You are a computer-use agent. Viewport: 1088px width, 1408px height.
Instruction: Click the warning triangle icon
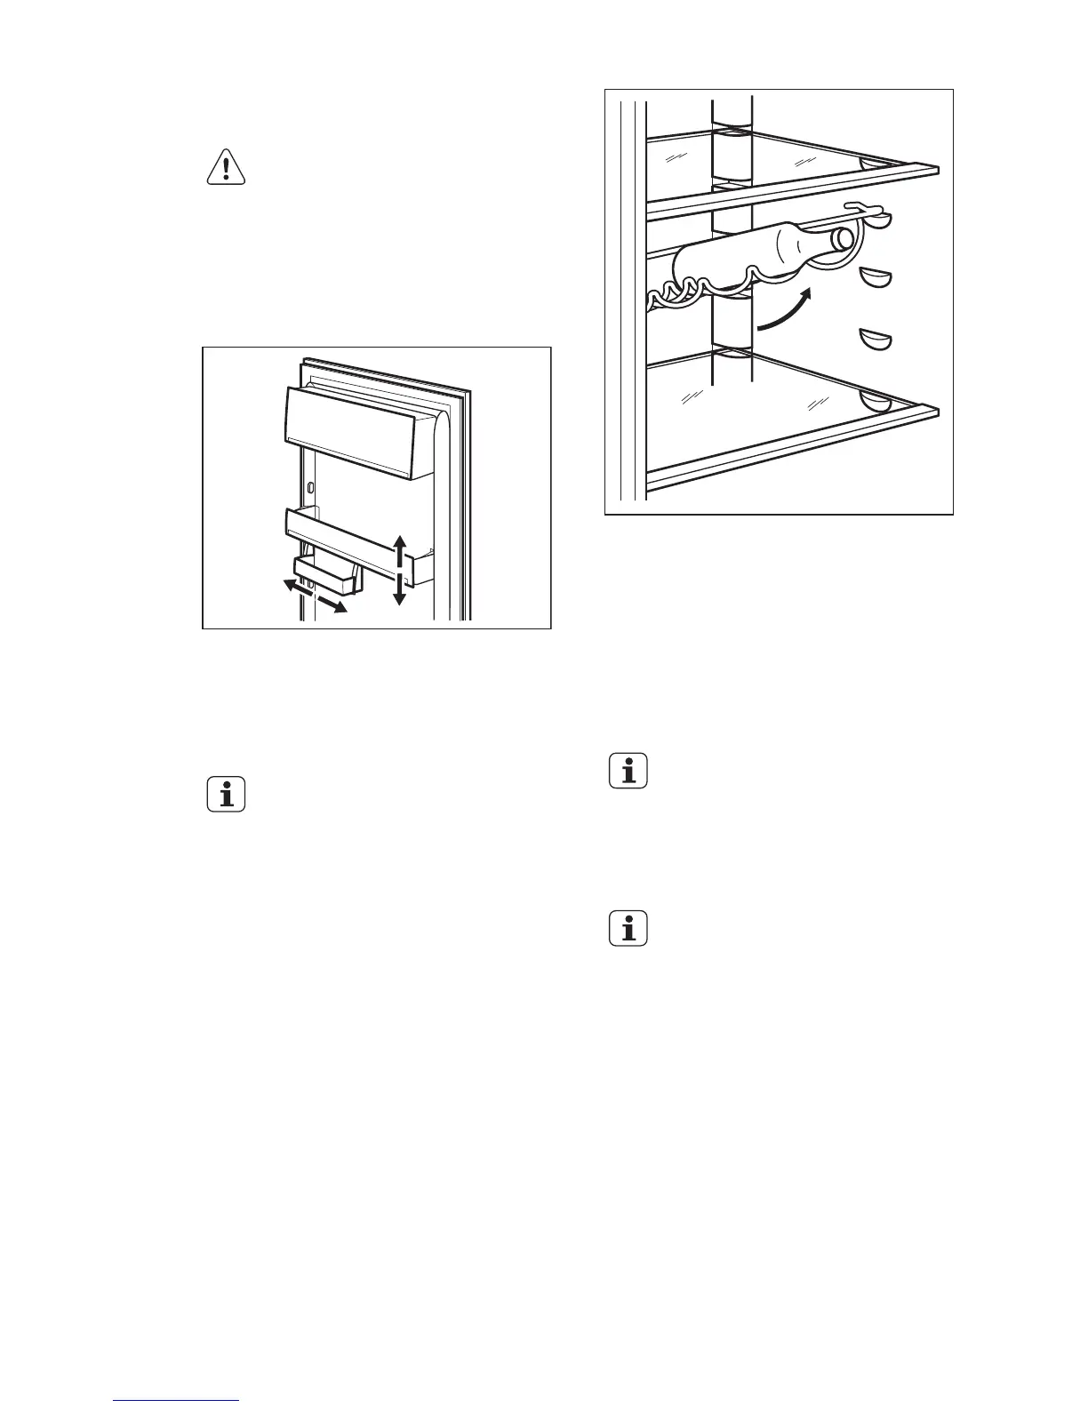pos(226,166)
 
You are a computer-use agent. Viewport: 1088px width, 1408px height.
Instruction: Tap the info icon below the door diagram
pos(226,793)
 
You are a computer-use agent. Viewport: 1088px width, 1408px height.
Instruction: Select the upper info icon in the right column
pos(628,770)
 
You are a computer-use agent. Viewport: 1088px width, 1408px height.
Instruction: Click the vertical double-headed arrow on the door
pos(400,570)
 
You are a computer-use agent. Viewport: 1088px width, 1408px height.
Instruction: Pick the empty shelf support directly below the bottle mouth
pos(876,278)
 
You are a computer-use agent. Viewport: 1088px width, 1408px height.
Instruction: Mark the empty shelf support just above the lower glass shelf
pos(875,340)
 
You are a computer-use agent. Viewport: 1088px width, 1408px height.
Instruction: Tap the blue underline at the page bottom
pos(177,1402)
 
